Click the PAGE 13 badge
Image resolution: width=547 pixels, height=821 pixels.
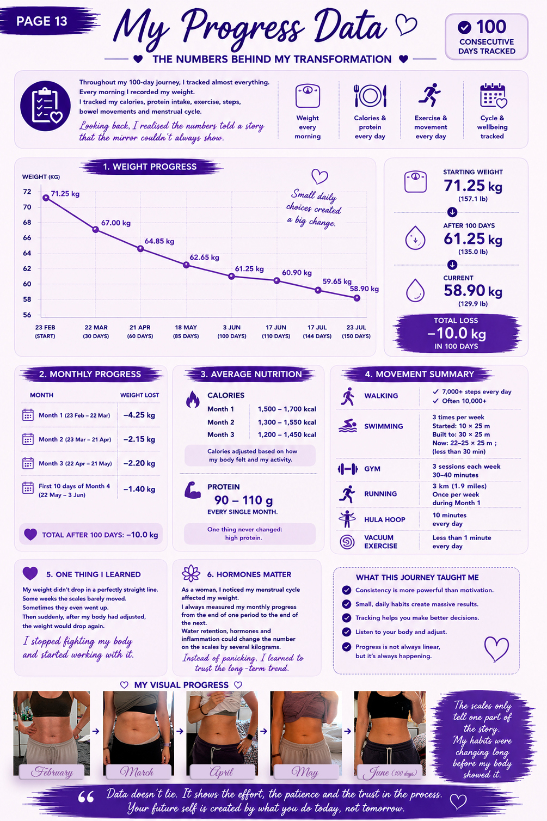42,21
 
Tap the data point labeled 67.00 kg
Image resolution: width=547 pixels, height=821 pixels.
95,229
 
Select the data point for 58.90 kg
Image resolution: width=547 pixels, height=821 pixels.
357,298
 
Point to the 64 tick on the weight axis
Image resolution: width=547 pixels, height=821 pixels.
27,253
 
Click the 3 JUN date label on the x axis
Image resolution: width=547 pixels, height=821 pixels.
231,327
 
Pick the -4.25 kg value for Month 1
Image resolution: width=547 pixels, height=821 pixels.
139,415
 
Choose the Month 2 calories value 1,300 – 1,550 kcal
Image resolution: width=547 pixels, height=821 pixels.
287,422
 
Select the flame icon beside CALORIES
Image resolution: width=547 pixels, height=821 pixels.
193,399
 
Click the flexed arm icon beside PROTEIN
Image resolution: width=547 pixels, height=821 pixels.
193,490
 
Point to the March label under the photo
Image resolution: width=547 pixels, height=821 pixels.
137,772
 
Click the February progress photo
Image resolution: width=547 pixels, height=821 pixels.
52,733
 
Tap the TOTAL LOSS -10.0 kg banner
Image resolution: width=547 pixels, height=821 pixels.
457,333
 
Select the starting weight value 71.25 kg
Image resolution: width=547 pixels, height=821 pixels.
473,186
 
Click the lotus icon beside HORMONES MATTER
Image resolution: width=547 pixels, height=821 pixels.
191,574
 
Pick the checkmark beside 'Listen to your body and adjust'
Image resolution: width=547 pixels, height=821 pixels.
347,632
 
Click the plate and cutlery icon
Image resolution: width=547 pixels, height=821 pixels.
370,96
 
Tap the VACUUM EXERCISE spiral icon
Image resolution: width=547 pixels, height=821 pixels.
347,542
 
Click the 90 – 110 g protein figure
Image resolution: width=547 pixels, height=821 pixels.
244,500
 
